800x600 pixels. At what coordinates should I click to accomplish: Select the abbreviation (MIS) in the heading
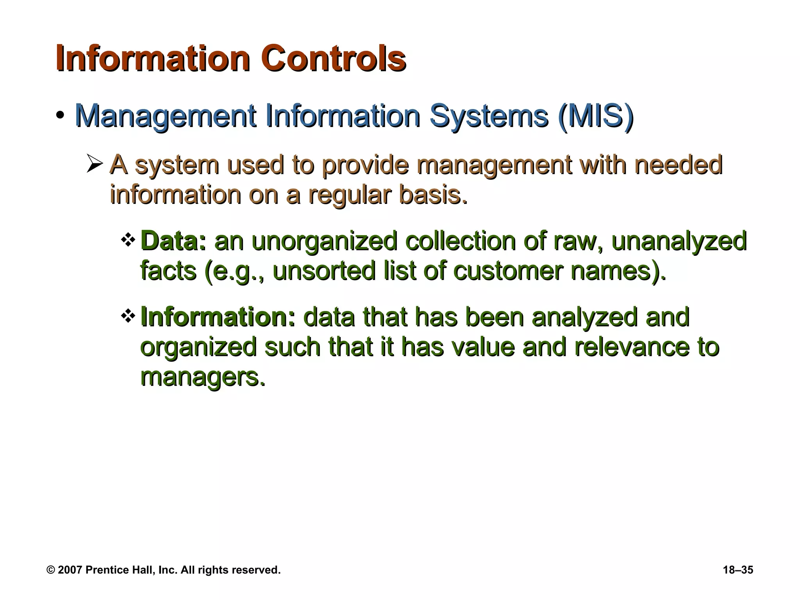click(596, 116)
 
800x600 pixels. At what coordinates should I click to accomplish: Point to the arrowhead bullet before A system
click(95, 164)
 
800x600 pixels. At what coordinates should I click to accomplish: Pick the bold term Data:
click(173, 241)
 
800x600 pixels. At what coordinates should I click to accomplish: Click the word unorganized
click(324, 241)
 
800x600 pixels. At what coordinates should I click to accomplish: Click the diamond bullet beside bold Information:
click(128, 316)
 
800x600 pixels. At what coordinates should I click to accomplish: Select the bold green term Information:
click(218, 317)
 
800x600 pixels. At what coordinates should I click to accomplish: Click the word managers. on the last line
click(203, 377)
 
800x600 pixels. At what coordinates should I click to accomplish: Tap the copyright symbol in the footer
click(51, 570)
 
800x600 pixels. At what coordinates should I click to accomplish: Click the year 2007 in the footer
click(70, 570)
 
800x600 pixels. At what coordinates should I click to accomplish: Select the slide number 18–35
click(738, 570)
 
